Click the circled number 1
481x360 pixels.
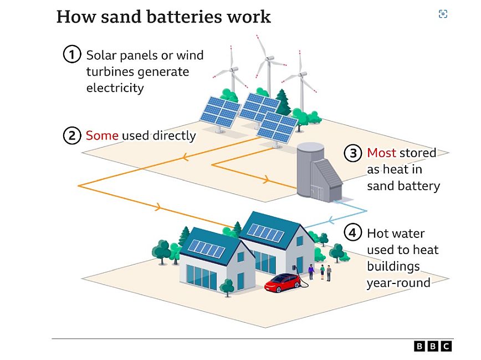(x=72, y=55)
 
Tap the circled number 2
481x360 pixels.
(x=72, y=135)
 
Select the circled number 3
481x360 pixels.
(x=354, y=153)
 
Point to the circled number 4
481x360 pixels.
(x=354, y=233)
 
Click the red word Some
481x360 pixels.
(x=102, y=135)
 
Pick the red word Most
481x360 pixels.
(x=381, y=153)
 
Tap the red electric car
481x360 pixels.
(x=282, y=283)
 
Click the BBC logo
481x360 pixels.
(x=433, y=346)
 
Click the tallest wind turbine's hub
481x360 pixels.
(x=269, y=58)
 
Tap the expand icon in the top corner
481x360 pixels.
(x=443, y=14)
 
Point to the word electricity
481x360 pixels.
(x=115, y=88)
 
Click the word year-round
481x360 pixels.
(x=398, y=282)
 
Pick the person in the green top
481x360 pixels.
(x=321, y=271)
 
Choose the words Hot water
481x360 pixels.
(x=396, y=233)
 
